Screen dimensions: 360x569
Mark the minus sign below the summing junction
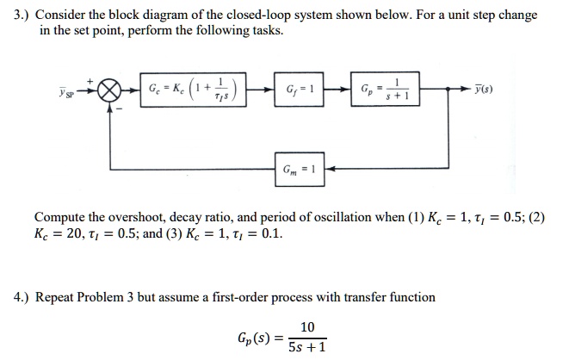119,109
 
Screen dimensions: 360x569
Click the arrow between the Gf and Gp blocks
338,90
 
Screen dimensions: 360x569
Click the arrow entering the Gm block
332,168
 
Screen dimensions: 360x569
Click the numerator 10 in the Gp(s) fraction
307,326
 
